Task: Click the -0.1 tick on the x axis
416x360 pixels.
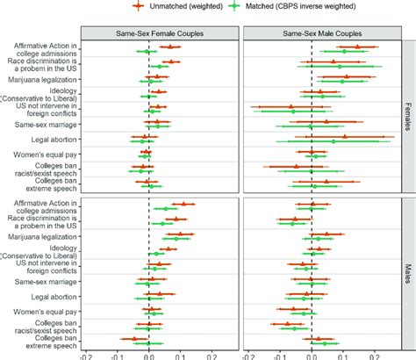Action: click(118, 356)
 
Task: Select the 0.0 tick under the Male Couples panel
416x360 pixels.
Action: click(312, 356)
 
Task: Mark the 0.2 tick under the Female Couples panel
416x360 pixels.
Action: click(212, 356)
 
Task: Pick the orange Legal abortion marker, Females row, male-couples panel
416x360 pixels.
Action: click(345, 136)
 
